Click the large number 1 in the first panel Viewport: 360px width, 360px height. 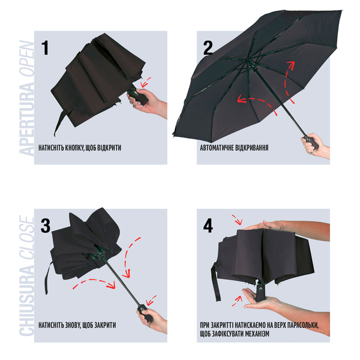[45, 47]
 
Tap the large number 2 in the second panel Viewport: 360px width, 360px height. [208, 48]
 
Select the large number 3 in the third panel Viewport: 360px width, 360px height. [46, 226]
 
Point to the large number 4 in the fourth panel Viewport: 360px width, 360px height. [208, 226]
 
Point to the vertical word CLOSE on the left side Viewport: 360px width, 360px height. [26, 238]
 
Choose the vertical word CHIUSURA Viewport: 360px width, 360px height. [26, 298]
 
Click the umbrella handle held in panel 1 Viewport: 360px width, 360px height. [138, 96]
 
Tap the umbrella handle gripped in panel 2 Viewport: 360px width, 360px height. [311, 142]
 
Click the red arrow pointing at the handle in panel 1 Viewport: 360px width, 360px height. [146, 82]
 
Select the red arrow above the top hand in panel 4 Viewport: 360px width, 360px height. [238, 220]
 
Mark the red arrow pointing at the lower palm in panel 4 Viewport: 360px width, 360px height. [237, 301]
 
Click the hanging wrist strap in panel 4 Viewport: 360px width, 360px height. [216, 281]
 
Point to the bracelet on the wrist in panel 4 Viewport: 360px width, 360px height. [280, 226]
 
